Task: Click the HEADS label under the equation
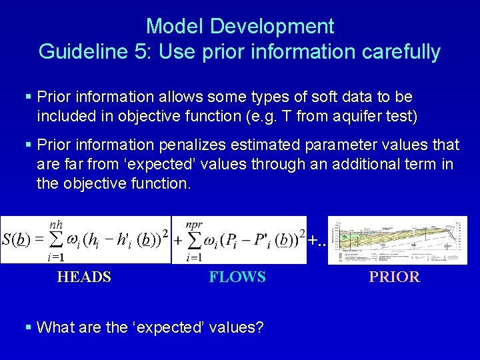[84, 277]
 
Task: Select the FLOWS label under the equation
[237, 277]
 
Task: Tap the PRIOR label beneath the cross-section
[395, 277]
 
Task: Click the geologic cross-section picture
[397, 240]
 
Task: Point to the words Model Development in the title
[240, 27]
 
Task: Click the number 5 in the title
[142, 51]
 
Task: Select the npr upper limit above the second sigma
[195, 225]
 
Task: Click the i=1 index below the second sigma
[195, 257]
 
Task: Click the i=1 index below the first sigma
[55, 257]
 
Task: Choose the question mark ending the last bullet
[259, 327]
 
